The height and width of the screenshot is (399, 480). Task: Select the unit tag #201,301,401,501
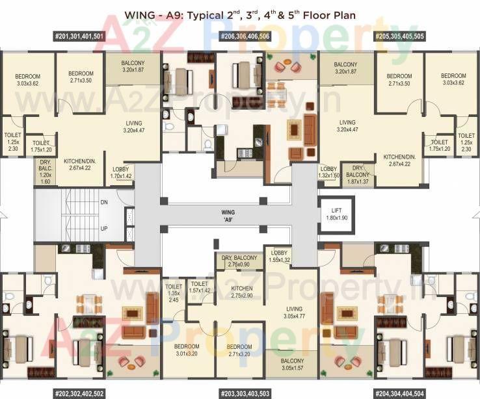click(79, 37)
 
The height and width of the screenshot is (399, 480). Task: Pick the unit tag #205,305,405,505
click(400, 37)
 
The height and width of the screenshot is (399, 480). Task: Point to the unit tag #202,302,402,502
click(79, 393)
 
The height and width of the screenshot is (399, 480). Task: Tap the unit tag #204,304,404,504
click(400, 393)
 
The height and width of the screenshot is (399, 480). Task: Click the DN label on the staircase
click(103, 203)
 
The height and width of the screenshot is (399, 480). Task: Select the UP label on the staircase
click(103, 229)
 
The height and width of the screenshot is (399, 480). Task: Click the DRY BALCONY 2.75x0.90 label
click(239, 261)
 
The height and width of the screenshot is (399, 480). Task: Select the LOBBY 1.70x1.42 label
click(121, 172)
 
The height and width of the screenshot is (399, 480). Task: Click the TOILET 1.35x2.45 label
click(174, 293)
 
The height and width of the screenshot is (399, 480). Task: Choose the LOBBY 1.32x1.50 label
click(329, 172)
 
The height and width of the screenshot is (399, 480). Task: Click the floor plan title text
click(240, 14)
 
